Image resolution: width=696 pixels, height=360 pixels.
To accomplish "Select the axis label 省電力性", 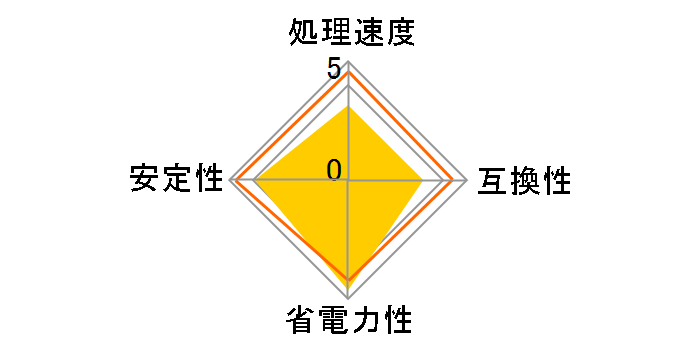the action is pyautogui.click(x=349, y=322).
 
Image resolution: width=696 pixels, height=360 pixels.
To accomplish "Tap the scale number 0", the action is pyautogui.click(x=334, y=170).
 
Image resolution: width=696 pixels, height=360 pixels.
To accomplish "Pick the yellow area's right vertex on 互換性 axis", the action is pyautogui.click(x=423, y=181).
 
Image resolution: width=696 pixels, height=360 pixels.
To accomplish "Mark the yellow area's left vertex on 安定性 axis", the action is pyautogui.click(x=255, y=181).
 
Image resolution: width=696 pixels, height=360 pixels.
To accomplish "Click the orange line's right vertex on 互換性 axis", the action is pyautogui.click(x=454, y=181).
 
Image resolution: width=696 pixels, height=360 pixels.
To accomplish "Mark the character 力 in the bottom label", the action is pyautogui.click(x=366, y=322).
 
